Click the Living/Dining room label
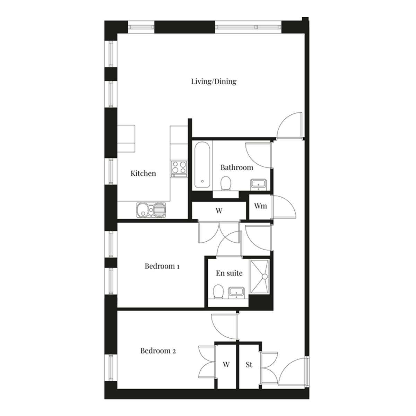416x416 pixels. [x=214, y=81]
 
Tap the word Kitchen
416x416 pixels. [x=143, y=173]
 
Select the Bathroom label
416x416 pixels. [x=237, y=167]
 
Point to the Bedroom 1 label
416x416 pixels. [x=162, y=266]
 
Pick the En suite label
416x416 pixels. [x=229, y=273]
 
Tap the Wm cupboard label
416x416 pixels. [x=261, y=206]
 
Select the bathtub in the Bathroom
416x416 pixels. [x=202, y=165]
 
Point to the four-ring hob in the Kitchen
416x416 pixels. [x=179, y=169]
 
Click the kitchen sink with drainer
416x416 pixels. [x=151, y=210]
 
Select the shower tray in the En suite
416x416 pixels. [x=260, y=277]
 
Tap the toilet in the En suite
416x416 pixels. [x=218, y=292]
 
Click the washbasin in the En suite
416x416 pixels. [x=236, y=293]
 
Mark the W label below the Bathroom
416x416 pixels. [x=219, y=211]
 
